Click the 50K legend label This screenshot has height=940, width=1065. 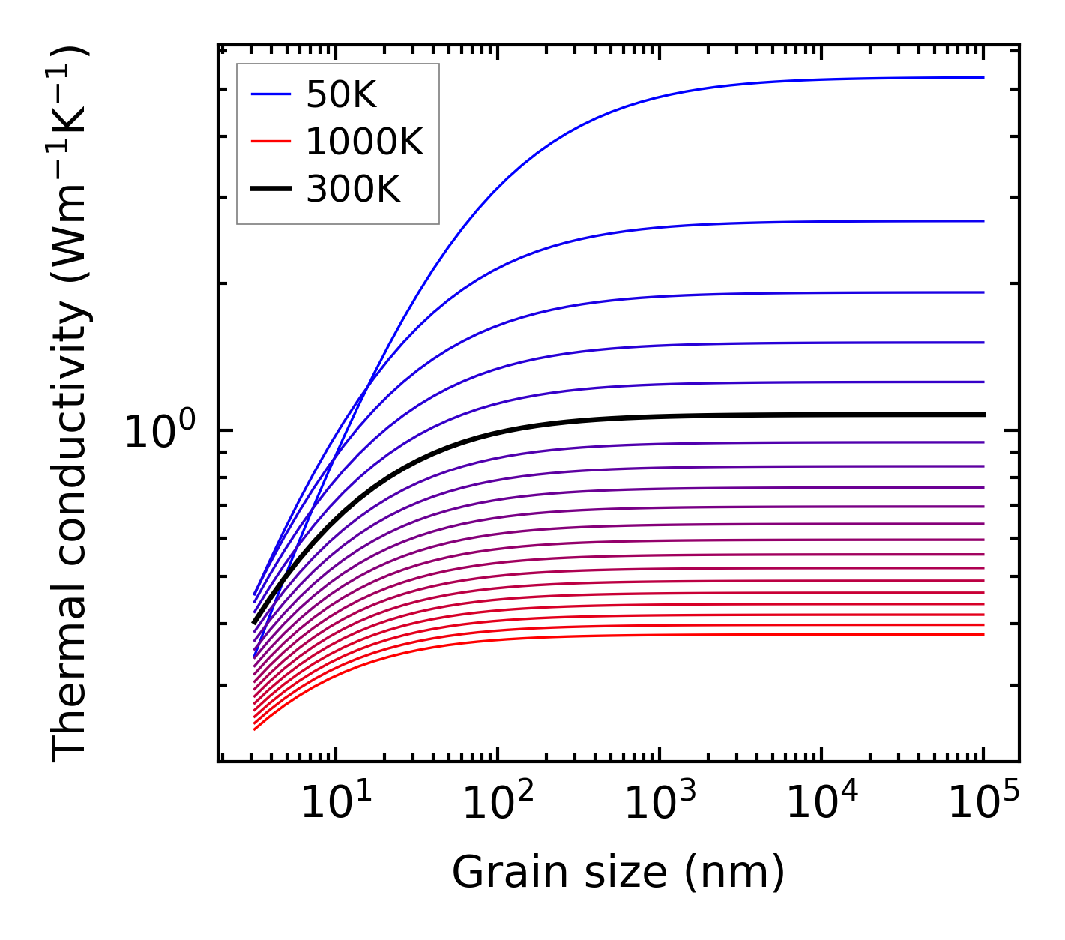341,94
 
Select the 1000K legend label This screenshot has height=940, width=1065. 364,142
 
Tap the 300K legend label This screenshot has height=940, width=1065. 353,190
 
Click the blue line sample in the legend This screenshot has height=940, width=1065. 270,94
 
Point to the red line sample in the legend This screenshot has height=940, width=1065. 270,142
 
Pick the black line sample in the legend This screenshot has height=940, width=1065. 270,190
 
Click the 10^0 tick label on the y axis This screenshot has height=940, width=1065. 159,432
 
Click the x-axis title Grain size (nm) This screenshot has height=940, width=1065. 618,873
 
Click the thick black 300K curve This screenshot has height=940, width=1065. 675,417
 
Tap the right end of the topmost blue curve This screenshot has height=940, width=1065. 982,77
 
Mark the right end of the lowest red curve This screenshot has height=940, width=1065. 982,634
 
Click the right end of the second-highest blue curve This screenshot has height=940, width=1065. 982,221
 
